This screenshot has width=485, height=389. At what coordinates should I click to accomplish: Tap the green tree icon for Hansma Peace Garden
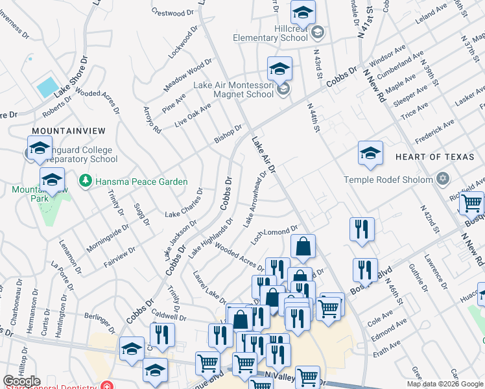click(x=84, y=180)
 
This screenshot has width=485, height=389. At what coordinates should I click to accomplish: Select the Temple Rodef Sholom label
click(x=388, y=180)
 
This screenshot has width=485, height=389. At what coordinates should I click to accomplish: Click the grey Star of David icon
click(x=443, y=178)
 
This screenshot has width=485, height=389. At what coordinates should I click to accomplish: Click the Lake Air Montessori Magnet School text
click(x=234, y=89)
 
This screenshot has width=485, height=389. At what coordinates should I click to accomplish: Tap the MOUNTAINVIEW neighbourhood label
click(x=58, y=130)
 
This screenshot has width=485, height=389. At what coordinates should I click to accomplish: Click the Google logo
click(x=22, y=381)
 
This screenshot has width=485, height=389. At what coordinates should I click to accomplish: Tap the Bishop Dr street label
click(x=228, y=135)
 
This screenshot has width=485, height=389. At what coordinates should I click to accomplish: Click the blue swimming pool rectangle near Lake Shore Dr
click(x=47, y=87)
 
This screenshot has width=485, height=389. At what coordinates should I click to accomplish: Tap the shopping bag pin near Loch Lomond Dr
click(x=303, y=247)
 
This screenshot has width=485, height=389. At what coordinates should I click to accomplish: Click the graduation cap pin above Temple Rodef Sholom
click(x=370, y=154)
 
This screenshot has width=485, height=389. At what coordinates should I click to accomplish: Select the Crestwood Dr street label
click(x=172, y=12)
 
